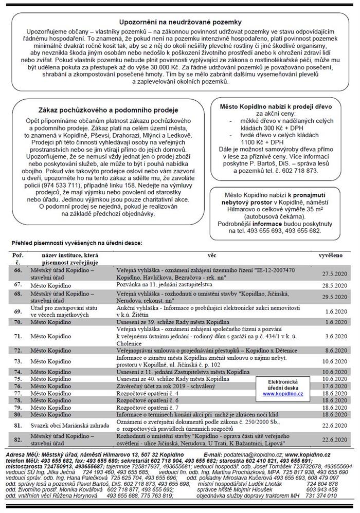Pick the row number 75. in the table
tap(18, 378)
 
